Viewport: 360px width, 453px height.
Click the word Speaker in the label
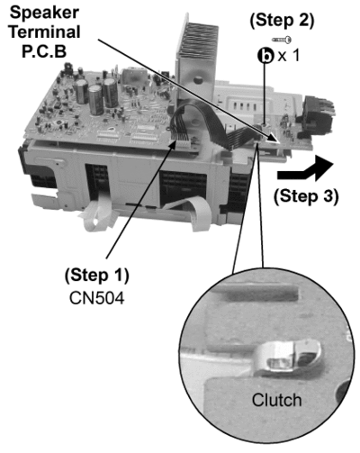tap(45, 13)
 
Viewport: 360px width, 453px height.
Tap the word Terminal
tap(45, 32)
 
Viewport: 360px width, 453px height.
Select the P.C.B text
tap(44, 50)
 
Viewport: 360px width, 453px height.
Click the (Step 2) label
tap(282, 21)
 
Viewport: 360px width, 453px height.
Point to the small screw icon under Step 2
tap(282, 40)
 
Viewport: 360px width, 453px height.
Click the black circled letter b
tap(265, 56)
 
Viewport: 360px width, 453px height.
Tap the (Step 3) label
tap(306, 196)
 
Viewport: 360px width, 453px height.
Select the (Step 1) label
tap(97, 276)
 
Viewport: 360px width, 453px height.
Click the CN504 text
tap(96, 298)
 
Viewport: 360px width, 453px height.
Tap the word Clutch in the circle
tap(276, 400)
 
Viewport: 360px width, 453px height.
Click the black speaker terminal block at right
tap(318, 115)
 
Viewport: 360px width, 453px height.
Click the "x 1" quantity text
tap(288, 56)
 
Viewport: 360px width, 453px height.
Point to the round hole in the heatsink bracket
tap(197, 80)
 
